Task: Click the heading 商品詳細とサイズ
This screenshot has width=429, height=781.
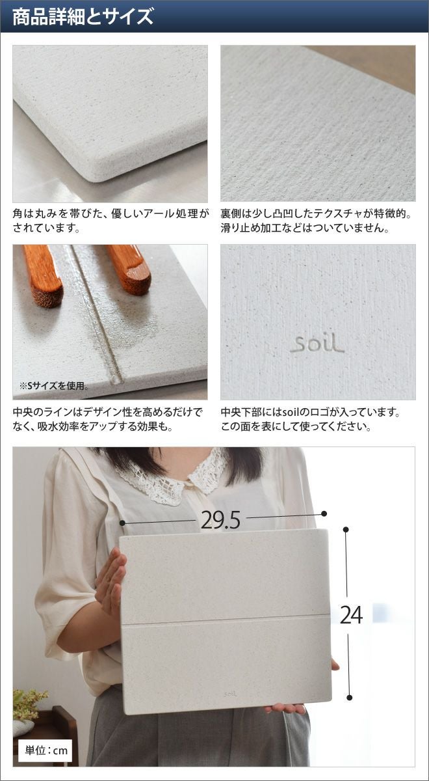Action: pos(83,17)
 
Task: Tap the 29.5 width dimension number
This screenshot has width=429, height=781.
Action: pos(220,521)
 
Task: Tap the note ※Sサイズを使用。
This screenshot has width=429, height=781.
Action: pos(53,385)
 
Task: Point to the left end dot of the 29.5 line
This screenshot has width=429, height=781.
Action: pos(122,523)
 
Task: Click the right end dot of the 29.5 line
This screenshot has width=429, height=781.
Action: pos(324,514)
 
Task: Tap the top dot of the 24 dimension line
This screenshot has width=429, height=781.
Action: pos(346,530)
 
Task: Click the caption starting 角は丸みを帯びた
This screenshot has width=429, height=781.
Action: pos(111,221)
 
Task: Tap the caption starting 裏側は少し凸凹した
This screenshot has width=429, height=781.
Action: pos(316,221)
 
